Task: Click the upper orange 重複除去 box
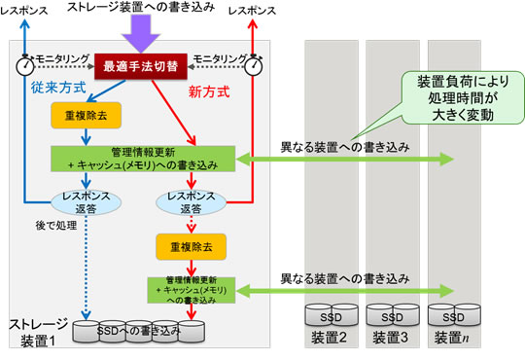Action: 86,115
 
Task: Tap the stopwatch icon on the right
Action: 256,64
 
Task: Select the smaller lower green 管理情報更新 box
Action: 191,289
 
